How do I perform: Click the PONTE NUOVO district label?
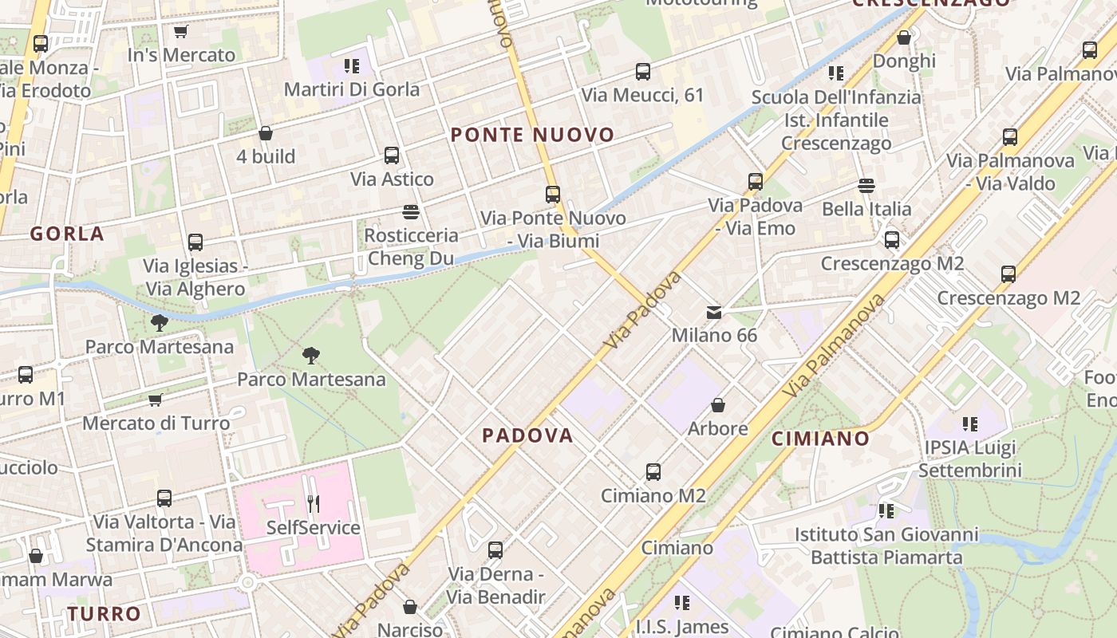click(532, 135)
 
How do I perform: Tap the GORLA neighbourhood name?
click(67, 234)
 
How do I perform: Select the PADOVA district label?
click(527, 435)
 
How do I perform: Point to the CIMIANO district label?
click(820, 438)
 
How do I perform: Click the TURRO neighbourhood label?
click(104, 614)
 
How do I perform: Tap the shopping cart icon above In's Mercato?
click(181, 32)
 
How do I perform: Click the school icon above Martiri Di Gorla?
click(352, 65)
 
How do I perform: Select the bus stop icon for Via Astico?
click(392, 156)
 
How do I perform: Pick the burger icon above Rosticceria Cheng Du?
click(411, 212)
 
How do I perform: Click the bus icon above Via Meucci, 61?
click(643, 72)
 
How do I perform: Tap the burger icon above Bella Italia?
click(866, 186)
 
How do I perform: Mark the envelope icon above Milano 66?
click(714, 312)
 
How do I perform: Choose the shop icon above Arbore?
click(718, 405)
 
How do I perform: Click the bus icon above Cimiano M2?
click(653, 472)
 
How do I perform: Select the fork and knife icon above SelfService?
click(314, 504)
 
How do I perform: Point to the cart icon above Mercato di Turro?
click(156, 400)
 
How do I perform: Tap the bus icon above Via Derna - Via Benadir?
click(495, 550)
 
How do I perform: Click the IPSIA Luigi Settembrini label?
click(969, 459)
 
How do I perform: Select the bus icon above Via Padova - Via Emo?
click(756, 182)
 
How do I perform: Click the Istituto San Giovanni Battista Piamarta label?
click(886, 545)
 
